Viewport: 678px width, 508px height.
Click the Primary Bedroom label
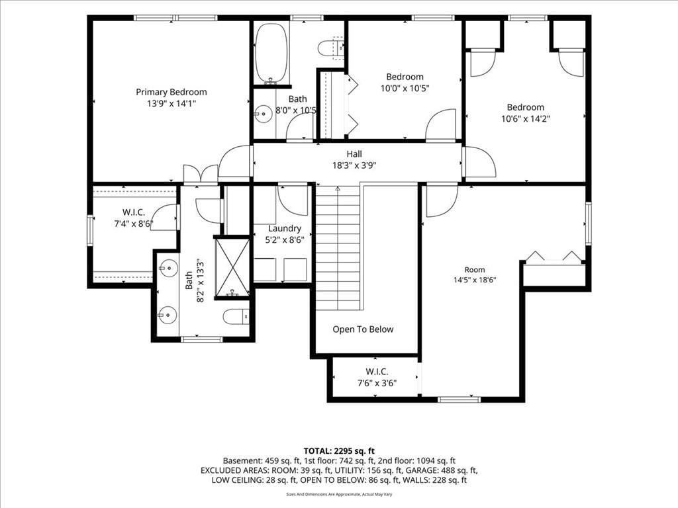coord(171,92)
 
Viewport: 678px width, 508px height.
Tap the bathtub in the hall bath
coord(271,53)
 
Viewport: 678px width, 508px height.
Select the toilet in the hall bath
coord(331,48)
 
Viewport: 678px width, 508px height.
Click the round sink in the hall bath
coord(262,114)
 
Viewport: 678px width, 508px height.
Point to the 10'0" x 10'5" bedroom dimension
coord(405,89)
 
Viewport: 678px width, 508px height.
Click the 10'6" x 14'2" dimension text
coord(525,119)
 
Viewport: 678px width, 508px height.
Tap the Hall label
coord(354,153)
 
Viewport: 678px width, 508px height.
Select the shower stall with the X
coord(232,267)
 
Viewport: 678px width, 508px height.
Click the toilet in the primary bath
coord(236,317)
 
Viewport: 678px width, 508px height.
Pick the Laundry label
coord(285,228)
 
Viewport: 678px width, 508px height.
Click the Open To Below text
coord(363,329)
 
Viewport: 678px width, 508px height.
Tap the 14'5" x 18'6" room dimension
coord(475,280)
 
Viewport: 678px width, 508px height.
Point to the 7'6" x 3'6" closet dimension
coord(377,383)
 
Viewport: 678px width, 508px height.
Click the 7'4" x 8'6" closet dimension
coord(134,224)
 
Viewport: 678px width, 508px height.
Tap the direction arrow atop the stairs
coord(338,189)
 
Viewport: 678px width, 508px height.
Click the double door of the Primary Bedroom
coord(201,174)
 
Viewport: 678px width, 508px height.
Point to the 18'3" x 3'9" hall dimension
coord(354,165)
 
